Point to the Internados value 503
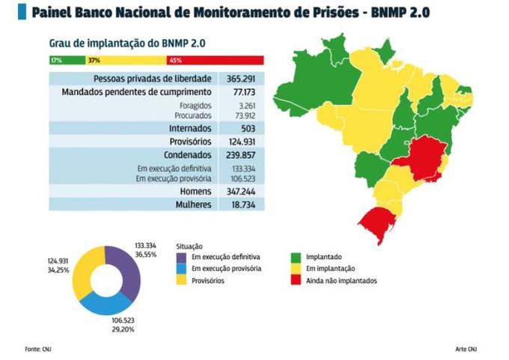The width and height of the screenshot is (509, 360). point(241,128)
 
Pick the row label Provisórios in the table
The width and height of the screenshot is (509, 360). point(193,142)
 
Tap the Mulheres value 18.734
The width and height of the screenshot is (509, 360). point(241,204)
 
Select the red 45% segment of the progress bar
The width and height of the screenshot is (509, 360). point(215,60)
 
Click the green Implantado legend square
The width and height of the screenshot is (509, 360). point(294,257)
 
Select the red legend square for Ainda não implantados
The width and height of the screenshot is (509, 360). point(294,281)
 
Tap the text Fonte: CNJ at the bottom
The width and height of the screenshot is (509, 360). point(37,349)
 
